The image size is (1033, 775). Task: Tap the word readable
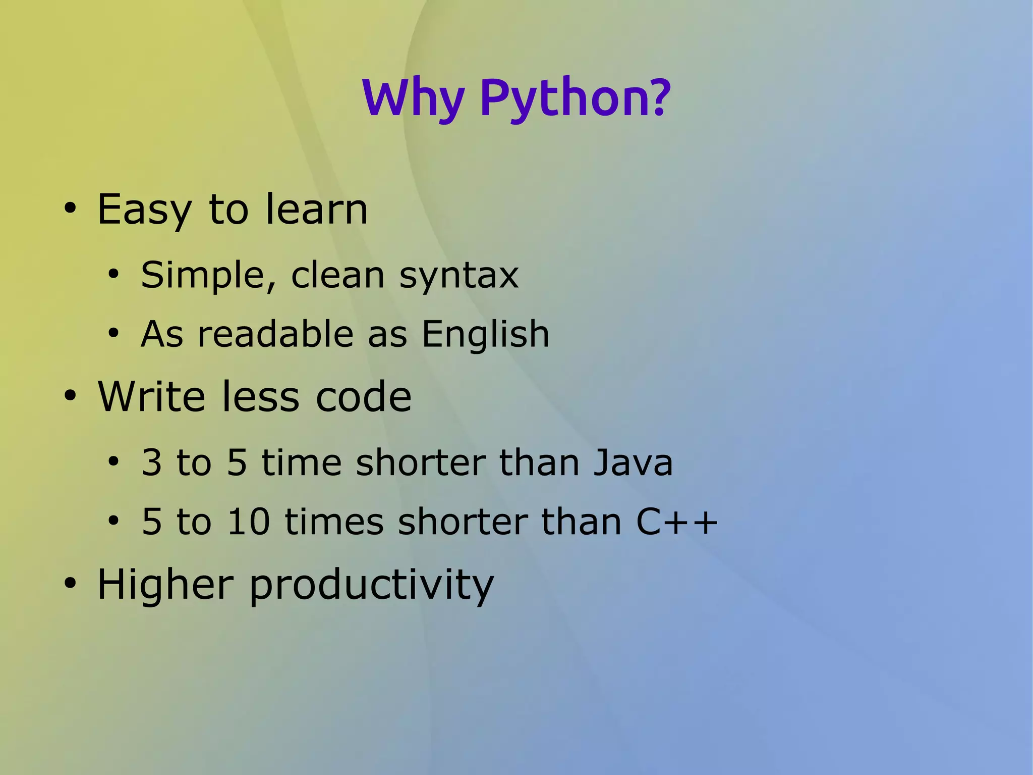click(x=276, y=334)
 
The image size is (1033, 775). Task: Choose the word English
click(x=485, y=334)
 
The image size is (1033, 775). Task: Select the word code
click(x=363, y=396)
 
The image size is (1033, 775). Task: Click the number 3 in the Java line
click(x=152, y=462)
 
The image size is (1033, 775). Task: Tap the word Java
click(x=633, y=462)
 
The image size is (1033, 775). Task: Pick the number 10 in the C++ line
click(x=249, y=522)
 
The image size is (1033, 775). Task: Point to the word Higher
click(x=165, y=584)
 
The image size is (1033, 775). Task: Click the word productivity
click(x=371, y=586)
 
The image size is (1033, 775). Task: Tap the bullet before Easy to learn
click(x=70, y=209)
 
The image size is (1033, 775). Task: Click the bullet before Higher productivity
click(x=70, y=584)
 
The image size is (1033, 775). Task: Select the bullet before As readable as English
click(x=113, y=334)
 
